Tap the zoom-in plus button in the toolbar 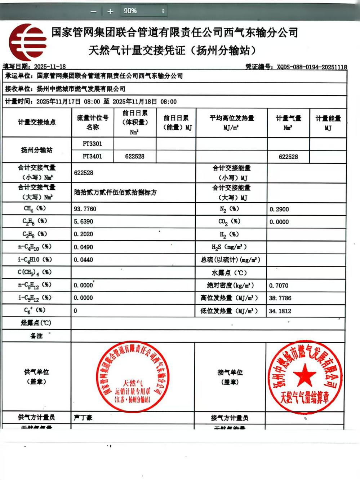(x=110, y=12)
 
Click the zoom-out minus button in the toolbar (x=93, y=12)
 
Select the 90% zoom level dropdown (x=144, y=11)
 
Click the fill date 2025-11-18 (x=50, y=67)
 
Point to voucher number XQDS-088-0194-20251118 (x=312, y=67)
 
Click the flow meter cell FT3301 (x=93, y=144)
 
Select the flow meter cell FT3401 (x=93, y=156)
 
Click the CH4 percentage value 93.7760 (x=85, y=209)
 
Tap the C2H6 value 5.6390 (x=83, y=221)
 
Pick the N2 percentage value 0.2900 (x=279, y=209)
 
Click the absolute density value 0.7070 (x=279, y=285)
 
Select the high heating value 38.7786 (x=280, y=298)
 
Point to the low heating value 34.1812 (x=280, y=311)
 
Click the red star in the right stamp (x=305, y=375)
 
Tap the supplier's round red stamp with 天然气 (x=133, y=376)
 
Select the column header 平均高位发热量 (x=232, y=118)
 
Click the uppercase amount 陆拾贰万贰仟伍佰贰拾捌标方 (x=115, y=192)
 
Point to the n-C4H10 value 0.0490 (x=83, y=247)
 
